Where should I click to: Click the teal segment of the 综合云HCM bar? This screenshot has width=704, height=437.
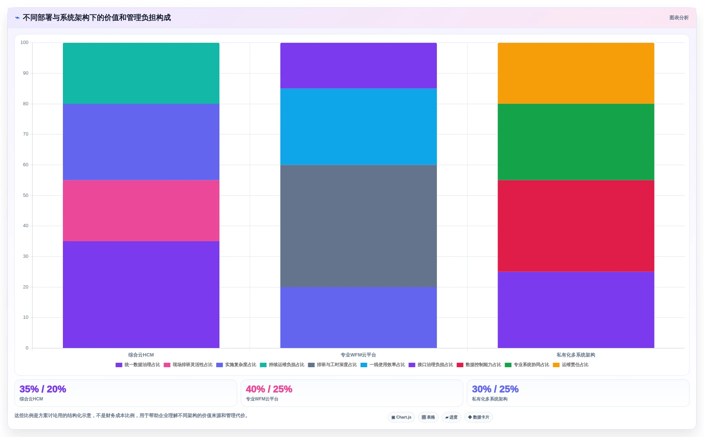tap(141, 73)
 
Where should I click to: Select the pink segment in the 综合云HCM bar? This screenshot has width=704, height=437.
tap(141, 211)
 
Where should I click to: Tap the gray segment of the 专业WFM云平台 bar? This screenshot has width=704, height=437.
tap(358, 226)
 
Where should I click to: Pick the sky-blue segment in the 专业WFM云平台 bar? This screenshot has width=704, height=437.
tap(358, 127)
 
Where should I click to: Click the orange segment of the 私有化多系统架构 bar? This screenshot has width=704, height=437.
tap(576, 73)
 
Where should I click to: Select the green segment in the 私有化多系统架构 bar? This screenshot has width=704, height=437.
tap(576, 142)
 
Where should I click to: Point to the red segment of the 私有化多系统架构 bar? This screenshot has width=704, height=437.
tap(576, 226)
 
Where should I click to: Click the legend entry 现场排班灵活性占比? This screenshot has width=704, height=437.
tap(188, 365)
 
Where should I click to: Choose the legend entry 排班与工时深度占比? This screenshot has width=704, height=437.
tap(333, 365)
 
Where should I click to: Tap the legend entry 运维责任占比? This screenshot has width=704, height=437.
tap(571, 365)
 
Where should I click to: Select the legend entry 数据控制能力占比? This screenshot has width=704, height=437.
tap(479, 365)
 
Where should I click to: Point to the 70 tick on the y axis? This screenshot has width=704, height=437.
tap(26, 134)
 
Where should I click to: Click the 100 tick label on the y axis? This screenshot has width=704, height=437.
tap(24, 42)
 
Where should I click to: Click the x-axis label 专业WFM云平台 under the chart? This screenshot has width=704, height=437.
tap(358, 355)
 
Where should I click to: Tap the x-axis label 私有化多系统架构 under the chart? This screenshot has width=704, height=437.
tap(576, 355)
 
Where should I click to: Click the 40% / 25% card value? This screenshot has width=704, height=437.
tap(269, 389)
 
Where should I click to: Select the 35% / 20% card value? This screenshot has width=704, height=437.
tap(43, 389)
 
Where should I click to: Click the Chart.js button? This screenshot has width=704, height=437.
tap(401, 417)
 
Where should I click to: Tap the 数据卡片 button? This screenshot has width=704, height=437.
tap(479, 417)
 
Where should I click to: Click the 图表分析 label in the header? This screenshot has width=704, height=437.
tap(679, 18)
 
